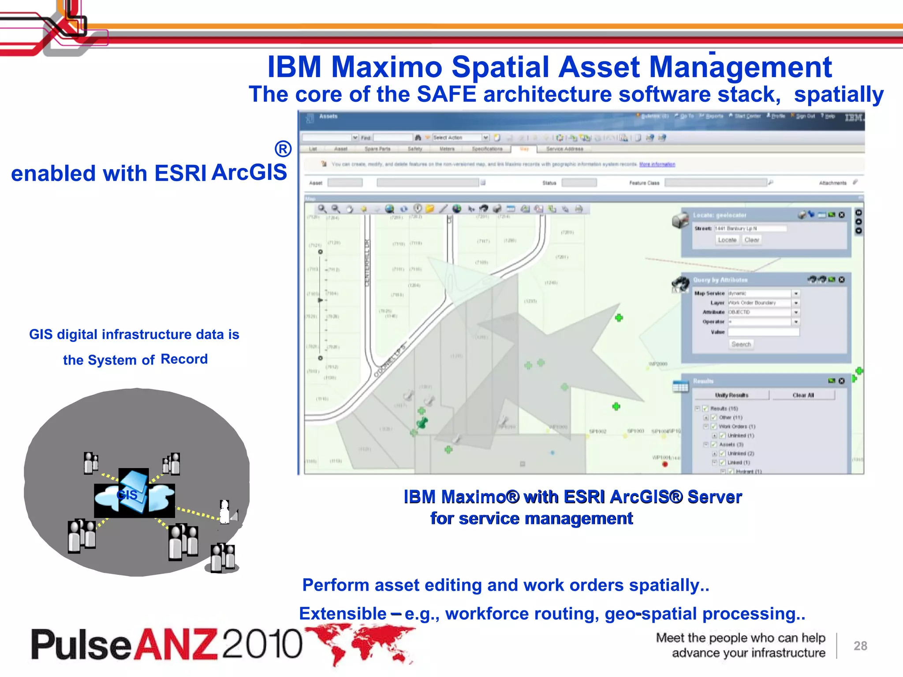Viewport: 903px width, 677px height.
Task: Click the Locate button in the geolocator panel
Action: pos(727,240)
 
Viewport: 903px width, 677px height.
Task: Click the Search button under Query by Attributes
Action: pos(741,344)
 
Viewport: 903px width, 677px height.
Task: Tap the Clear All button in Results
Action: pos(803,395)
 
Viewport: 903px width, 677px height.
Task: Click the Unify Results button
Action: pos(731,395)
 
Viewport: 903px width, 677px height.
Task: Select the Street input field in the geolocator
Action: pos(750,228)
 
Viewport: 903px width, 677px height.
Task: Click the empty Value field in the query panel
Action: pos(763,332)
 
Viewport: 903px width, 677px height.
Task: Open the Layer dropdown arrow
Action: pos(796,303)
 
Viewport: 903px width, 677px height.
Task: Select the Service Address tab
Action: pos(564,149)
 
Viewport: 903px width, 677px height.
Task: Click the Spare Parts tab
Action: pos(377,149)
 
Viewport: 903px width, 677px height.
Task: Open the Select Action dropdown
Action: pos(485,138)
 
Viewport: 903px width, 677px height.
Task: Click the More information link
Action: pos(657,164)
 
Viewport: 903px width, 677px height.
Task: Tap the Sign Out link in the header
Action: pos(805,116)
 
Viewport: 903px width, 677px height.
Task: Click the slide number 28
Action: pos(860,646)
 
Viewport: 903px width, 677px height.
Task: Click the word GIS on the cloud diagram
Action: pos(127,495)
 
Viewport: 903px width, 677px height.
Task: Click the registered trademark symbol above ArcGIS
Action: pos(283,149)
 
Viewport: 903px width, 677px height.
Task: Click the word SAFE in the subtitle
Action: pos(446,94)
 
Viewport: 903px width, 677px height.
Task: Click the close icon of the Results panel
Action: pos(842,381)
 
